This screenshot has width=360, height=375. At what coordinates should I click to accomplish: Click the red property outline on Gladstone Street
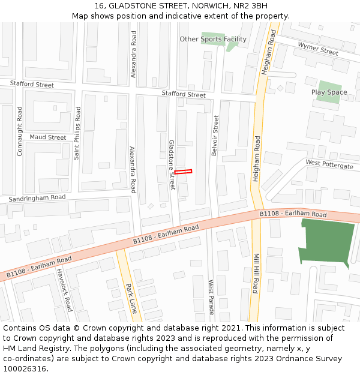tap(183, 172)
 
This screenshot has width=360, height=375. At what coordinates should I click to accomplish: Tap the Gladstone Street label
tap(172, 165)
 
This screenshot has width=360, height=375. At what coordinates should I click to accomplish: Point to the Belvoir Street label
tap(215, 136)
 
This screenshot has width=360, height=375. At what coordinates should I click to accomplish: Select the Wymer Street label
tap(318, 49)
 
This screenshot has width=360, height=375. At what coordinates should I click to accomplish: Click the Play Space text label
tap(329, 92)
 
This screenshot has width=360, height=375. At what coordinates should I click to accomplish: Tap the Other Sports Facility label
tap(213, 39)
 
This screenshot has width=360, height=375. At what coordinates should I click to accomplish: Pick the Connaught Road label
tap(20, 131)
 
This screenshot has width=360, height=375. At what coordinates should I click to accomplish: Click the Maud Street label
tap(48, 137)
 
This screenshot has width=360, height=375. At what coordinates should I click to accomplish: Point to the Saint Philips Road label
tap(77, 133)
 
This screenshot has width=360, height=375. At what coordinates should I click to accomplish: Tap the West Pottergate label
tap(329, 164)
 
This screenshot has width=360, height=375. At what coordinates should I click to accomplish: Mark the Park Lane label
tap(131, 299)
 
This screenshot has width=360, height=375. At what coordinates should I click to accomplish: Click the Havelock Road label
tap(65, 290)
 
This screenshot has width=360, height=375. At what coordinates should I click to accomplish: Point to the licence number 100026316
tap(25, 368)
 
